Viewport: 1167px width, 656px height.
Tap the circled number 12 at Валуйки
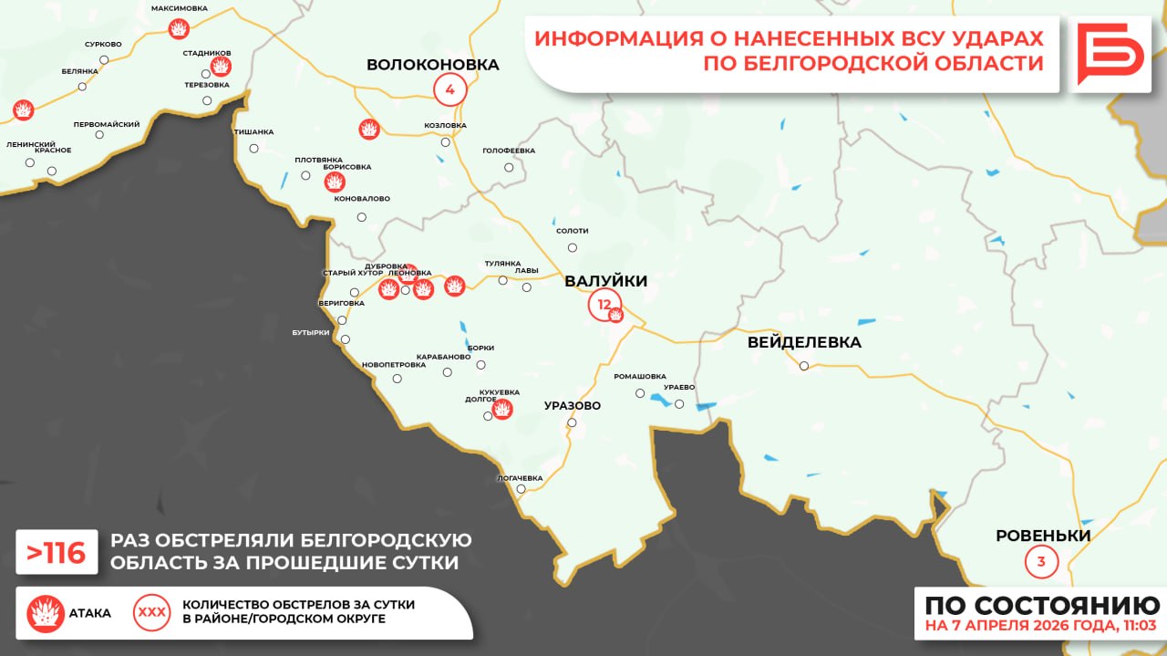click(603, 304)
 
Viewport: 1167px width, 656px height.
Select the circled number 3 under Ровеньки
click(1041, 560)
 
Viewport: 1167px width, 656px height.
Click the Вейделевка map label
click(803, 343)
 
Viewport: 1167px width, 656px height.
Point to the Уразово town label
click(572, 405)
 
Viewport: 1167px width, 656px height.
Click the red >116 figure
click(57, 553)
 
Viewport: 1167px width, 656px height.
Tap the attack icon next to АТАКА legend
click(46, 613)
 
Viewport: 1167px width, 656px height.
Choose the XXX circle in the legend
click(151, 613)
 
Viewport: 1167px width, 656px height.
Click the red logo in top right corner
click(1110, 55)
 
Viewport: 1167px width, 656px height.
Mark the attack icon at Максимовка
click(180, 29)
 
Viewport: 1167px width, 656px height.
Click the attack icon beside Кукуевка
click(501, 409)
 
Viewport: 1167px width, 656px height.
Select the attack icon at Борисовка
click(336, 182)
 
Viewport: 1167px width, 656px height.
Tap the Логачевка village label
click(520, 478)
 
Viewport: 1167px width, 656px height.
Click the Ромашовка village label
click(639, 376)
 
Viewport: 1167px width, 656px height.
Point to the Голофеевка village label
click(509, 151)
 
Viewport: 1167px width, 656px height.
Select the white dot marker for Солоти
click(573, 247)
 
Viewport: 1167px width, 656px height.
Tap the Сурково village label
click(103, 44)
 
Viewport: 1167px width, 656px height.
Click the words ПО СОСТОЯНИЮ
click(1041, 605)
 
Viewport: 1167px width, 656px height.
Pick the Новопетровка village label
click(394, 365)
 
